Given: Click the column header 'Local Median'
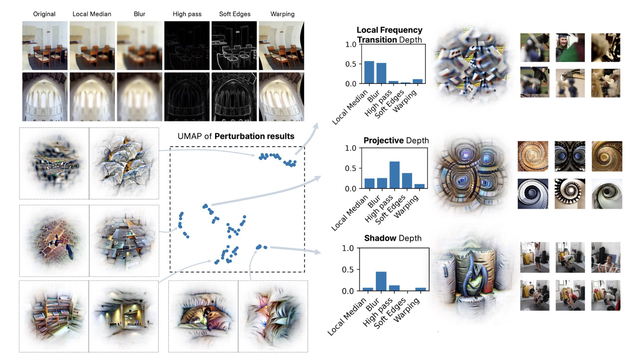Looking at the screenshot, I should pyautogui.click(x=92, y=14).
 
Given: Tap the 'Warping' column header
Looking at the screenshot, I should pyautogui.click(x=282, y=14).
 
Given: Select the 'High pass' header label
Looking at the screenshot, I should pyautogui.click(x=187, y=14).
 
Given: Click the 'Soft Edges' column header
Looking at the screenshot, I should pyautogui.click(x=234, y=14).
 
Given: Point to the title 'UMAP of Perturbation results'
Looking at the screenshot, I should pyautogui.click(x=236, y=136).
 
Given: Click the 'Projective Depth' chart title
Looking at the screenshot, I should pyautogui.click(x=396, y=140).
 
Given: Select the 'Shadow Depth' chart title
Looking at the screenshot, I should pyautogui.click(x=393, y=238).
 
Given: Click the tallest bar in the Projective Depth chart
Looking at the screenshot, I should pyautogui.click(x=394, y=175).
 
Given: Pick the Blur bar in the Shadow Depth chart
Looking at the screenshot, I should pyautogui.click(x=381, y=281).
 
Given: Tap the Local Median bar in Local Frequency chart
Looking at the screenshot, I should pyautogui.click(x=369, y=72).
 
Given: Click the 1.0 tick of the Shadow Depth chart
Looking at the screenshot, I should pyautogui.click(x=348, y=248).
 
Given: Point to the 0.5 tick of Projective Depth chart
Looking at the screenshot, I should pyautogui.click(x=351, y=168).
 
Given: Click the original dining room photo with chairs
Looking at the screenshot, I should pyautogui.click(x=45, y=45).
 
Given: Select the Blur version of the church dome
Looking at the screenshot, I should pyautogui.click(x=140, y=97).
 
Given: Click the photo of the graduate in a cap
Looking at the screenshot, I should pyautogui.click(x=570, y=47).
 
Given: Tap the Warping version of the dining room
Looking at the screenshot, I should pyautogui.click(x=281, y=45).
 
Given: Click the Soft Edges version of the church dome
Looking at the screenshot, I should pyautogui.click(x=234, y=97).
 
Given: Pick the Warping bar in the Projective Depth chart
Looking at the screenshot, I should pyautogui.click(x=419, y=186).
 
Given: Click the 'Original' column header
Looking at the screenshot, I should pyautogui.click(x=44, y=14).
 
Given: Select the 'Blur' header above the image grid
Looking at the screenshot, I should pyautogui.click(x=139, y=14).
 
